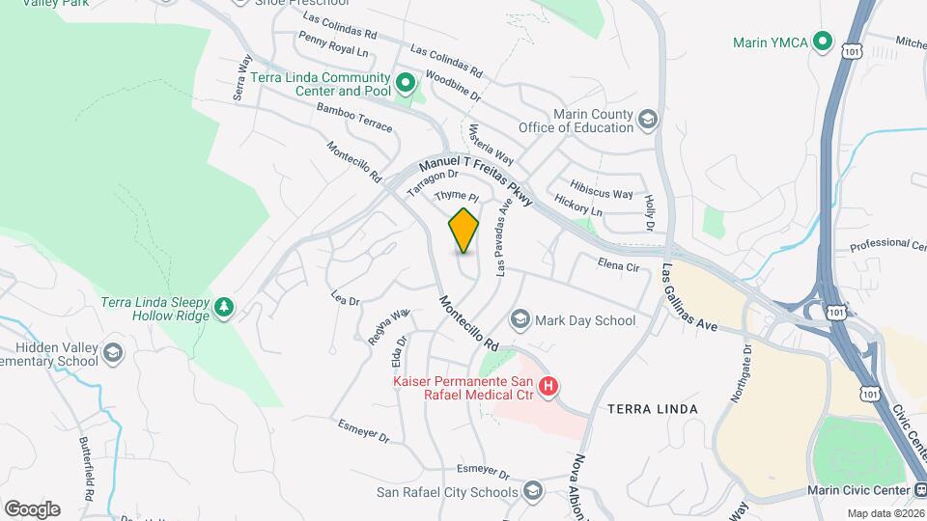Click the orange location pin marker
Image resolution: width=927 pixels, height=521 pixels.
click(x=463, y=230)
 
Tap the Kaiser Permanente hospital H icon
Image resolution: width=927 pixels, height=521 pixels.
click(x=548, y=387)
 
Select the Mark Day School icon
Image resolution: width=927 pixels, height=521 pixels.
click(x=520, y=319)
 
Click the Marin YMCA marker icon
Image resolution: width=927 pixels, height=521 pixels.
click(x=822, y=41)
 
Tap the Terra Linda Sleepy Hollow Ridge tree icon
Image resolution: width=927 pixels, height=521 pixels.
click(x=224, y=307)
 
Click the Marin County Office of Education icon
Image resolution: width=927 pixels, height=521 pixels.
click(x=647, y=120)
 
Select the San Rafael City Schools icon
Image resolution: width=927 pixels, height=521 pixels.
click(x=532, y=492)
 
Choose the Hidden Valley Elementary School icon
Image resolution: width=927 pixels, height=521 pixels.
click(x=113, y=353)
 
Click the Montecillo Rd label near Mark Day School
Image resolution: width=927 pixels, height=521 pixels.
click(x=468, y=323)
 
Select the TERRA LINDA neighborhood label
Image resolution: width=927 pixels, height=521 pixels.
click(x=653, y=409)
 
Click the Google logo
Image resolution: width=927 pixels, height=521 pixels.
click(x=32, y=508)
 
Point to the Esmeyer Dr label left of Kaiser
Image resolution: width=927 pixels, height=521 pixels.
click(x=363, y=431)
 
